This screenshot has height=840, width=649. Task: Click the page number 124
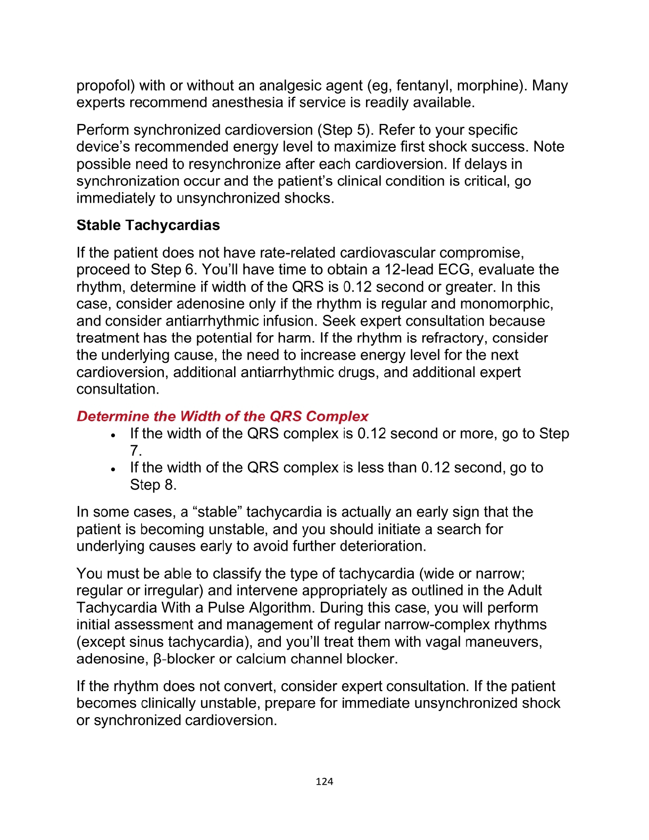(324, 781)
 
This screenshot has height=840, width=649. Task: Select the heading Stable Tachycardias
(148, 225)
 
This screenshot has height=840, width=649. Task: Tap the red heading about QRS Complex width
(222, 416)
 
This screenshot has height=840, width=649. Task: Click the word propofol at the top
(105, 86)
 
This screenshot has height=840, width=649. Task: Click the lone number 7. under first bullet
(136, 451)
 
